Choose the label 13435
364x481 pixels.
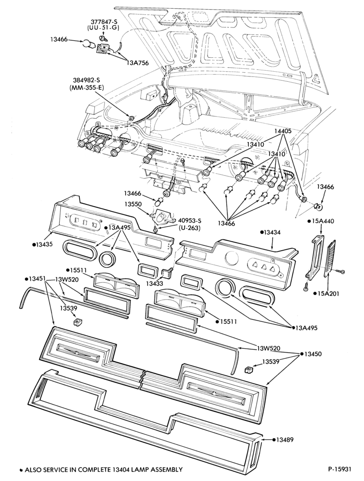[44, 244]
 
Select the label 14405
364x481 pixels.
[282, 131]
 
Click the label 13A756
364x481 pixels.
[137, 63]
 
